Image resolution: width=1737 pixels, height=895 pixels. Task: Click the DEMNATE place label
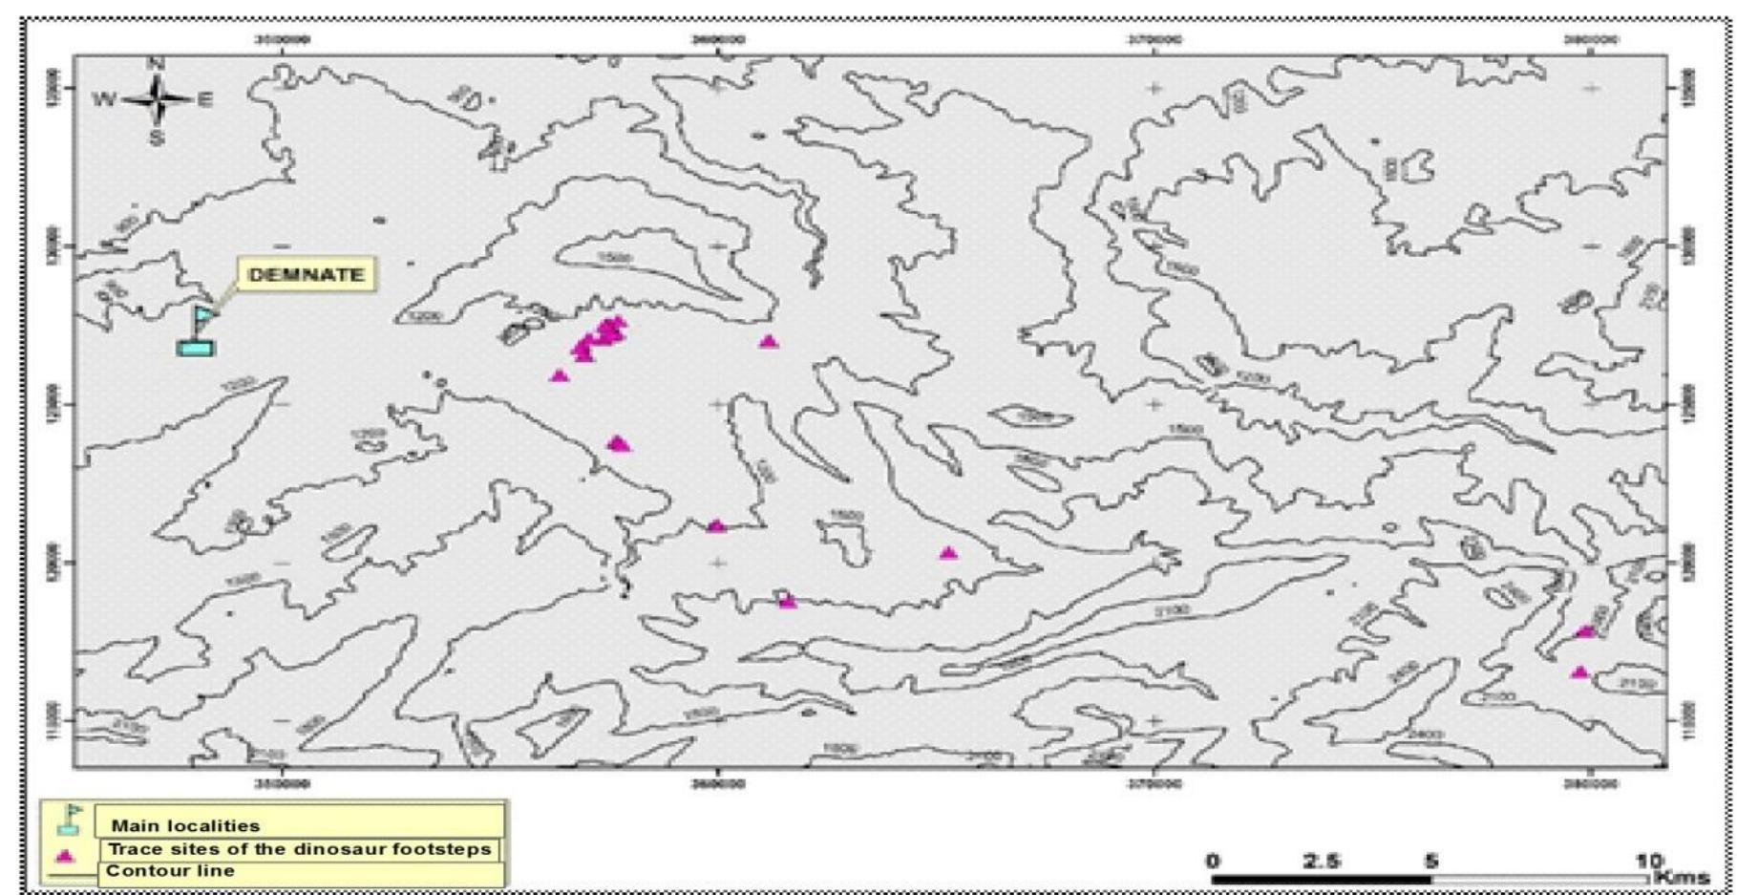(306, 275)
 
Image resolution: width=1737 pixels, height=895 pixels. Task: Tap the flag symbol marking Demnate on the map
(199, 330)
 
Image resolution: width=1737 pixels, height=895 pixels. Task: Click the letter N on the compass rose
(157, 64)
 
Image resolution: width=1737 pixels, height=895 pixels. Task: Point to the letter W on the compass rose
(103, 99)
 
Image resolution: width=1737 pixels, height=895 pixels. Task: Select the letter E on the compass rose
(205, 99)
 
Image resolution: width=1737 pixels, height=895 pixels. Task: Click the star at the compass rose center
(158, 99)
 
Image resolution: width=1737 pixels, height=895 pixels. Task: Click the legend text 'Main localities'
(185, 825)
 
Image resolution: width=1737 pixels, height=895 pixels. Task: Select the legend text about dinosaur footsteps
(301, 848)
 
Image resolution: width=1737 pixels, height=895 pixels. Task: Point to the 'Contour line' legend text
(170, 870)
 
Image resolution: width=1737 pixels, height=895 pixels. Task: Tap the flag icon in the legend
(69, 820)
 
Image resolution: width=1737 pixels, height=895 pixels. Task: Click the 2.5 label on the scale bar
(1322, 861)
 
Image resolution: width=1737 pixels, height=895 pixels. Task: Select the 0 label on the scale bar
(1213, 861)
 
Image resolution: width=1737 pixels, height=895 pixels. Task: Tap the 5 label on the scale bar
(1430, 861)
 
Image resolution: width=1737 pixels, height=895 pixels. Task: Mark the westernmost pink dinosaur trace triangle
(560, 375)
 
